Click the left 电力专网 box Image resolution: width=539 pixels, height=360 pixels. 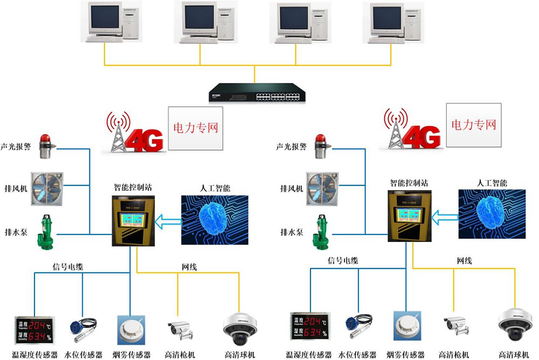195,127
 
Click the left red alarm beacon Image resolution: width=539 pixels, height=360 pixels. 46,145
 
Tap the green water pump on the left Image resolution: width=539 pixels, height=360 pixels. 48,229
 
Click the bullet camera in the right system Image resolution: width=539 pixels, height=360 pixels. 455,326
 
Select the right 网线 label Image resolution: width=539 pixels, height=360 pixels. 465,260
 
